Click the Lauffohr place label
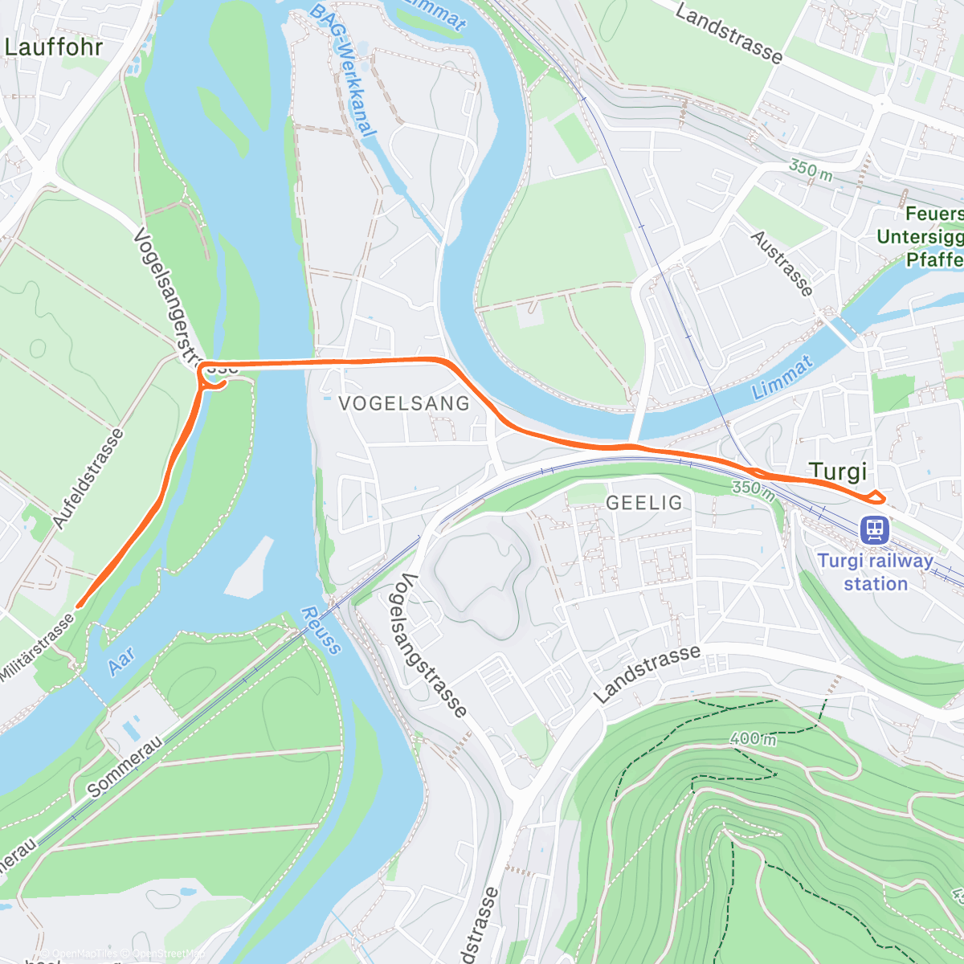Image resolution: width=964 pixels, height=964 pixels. coord(54,47)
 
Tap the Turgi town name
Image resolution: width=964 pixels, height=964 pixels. coord(838,472)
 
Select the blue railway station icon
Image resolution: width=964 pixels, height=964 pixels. coord(874,529)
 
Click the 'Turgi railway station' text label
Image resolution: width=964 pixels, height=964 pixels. coord(875,572)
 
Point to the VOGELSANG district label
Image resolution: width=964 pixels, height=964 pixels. coord(404,403)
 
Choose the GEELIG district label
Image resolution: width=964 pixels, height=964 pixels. coord(643,503)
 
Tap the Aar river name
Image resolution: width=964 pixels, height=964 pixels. coord(120,660)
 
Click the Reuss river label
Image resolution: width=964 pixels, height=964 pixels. coord(321,631)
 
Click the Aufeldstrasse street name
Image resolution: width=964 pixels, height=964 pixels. coord(88,479)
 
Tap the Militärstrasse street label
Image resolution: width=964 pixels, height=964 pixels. coord(37,647)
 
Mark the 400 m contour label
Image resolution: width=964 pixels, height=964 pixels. coord(753,738)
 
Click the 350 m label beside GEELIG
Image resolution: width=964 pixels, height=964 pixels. coord(754,489)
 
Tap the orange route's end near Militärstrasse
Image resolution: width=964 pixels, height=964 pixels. coord(78,605)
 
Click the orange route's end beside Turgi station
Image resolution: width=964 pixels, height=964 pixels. coord(881,498)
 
